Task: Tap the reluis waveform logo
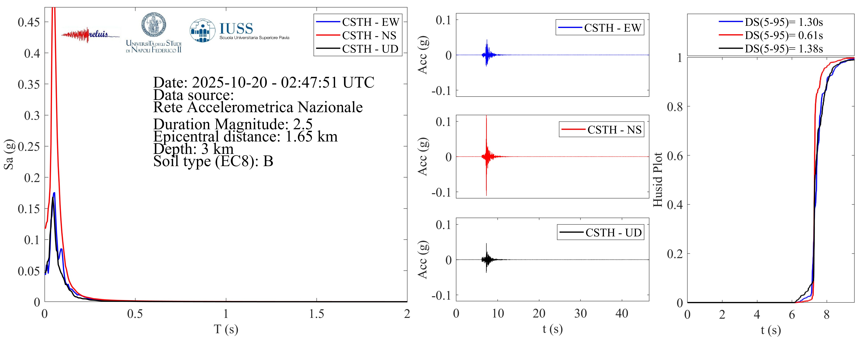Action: (90, 35)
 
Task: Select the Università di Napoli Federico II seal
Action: (154, 25)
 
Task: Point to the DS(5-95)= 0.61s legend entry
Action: (783, 35)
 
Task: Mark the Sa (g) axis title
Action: (9, 154)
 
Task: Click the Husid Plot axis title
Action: (658, 180)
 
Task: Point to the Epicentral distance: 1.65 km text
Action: (245, 136)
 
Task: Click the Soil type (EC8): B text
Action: (213, 161)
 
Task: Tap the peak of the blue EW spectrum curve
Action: (54, 193)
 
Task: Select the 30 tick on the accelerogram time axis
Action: (581, 313)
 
